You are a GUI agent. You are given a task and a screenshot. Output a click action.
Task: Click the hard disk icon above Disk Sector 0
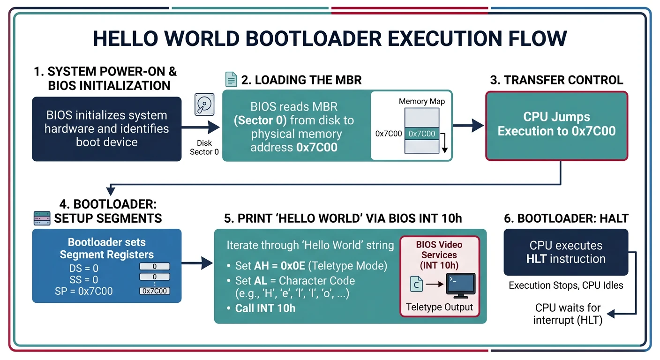(204, 105)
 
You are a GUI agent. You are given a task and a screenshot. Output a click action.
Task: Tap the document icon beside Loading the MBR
(231, 79)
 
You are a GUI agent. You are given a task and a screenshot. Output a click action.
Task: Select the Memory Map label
(421, 101)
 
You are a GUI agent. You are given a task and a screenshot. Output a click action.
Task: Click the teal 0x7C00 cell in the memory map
(422, 134)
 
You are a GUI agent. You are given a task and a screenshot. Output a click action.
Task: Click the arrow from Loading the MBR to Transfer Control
(469, 125)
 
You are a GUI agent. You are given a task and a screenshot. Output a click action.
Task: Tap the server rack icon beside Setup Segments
(43, 218)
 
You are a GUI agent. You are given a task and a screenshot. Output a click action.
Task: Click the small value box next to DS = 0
(155, 266)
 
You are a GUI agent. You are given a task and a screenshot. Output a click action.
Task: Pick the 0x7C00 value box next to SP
(155, 291)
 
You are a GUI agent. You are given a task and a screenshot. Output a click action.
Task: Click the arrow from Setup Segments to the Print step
(197, 263)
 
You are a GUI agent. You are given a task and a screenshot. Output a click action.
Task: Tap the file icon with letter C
(416, 284)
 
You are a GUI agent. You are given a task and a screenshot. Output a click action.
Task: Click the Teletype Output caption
(439, 307)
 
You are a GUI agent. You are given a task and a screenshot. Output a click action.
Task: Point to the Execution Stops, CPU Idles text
(566, 285)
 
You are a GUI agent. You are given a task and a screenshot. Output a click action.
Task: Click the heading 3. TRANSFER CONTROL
(556, 80)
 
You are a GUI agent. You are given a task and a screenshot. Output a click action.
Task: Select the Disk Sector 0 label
(204, 147)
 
